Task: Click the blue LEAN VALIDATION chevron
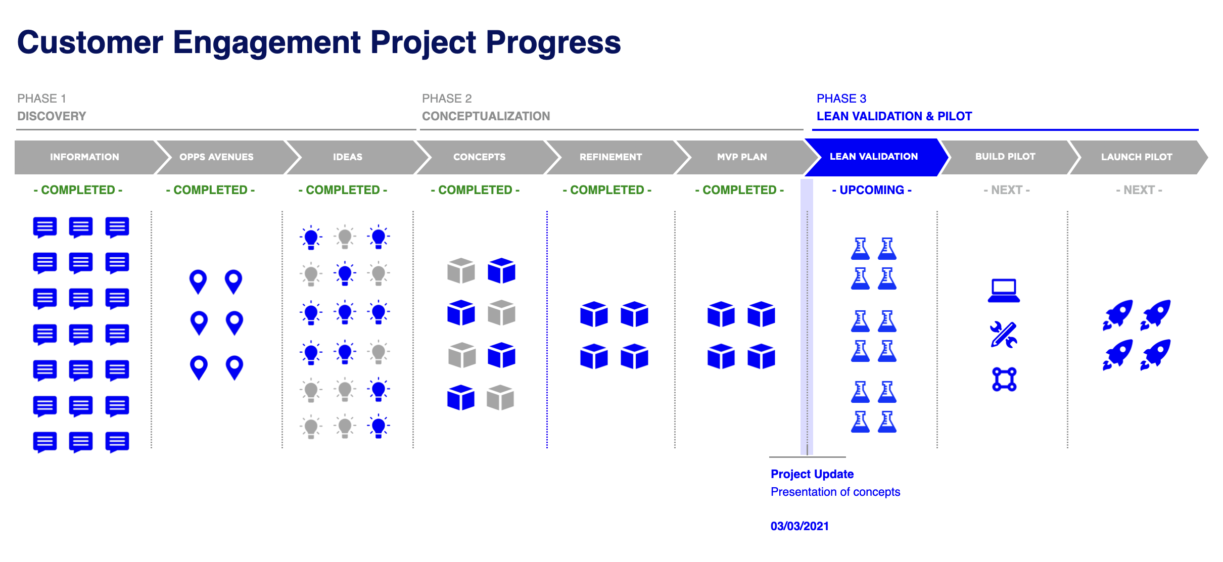(x=874, y=157)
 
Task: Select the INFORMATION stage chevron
(x=84, y=157)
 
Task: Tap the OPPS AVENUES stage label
(x=216, y=157)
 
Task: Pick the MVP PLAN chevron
(x=742, y=157)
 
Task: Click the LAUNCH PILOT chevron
(x=1137, y=157)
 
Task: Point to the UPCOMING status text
(x=872, y=190)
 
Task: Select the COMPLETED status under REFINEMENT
(x=607, y=190)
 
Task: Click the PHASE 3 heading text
(x=841, y=99)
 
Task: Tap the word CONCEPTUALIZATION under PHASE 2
(x=486, y=116)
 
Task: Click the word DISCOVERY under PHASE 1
(x=52, y=116)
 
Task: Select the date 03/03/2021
(x=799, y=526)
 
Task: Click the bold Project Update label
(x=812, y=474)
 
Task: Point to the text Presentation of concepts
(x=835, y=492)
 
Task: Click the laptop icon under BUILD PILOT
(x=1004, y=291)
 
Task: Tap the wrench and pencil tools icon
(x=1004, y=335)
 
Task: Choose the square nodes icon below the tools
(x=1004, y=379)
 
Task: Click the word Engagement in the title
(x=267, y=42)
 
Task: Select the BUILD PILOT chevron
(x=1005, y=157)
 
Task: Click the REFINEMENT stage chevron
(x=610, y=157)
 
